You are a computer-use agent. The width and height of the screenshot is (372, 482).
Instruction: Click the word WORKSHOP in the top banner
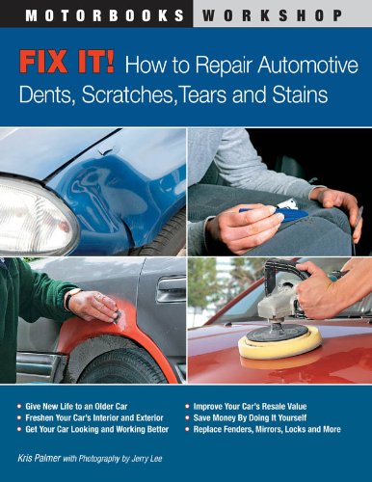280,13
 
